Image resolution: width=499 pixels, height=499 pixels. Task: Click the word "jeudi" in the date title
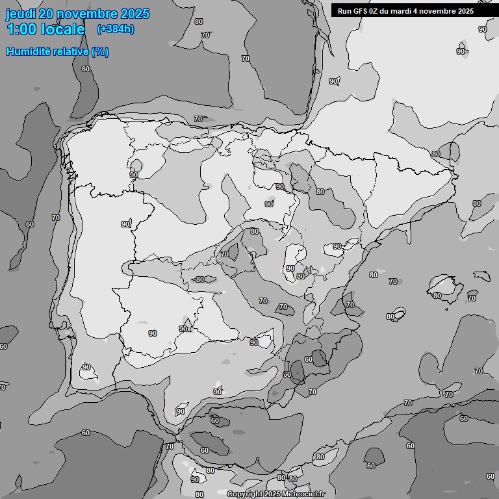pyautogui.click(x=20, y=14)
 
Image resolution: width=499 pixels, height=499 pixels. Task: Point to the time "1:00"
pyautogui.click(x=21, y=29)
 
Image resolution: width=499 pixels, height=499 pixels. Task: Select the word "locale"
pyautogui.click(x=63, y=29)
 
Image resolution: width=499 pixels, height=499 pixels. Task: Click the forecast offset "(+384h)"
pyautogui.click(x=115, y=29)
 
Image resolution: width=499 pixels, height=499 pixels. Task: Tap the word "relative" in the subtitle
pyautogui.click(x=73, y=51)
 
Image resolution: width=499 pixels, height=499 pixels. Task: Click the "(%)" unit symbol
pyautogui.click(x=100, y=51)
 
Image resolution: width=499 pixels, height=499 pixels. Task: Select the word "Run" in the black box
pyautogui.click(x=345, y=11)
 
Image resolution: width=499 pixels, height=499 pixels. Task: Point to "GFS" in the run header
pyautogui.click(x=361, y=11)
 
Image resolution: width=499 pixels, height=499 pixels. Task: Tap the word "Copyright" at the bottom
pyautogui.click(x=246, y=494)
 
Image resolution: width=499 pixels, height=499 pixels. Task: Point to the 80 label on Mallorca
pyautogui.click(x=437, y=296)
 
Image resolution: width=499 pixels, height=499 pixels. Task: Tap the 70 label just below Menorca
pyautogui.click(x=472, y=299)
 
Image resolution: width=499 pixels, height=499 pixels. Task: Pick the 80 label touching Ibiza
pyautogui.click(x=390, y=316)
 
